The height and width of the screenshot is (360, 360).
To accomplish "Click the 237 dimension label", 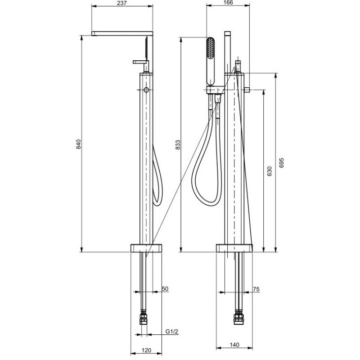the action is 122,3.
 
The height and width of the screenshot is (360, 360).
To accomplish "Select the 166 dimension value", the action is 228,3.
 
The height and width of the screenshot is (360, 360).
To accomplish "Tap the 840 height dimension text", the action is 79,144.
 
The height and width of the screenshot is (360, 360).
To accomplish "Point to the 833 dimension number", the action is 178,145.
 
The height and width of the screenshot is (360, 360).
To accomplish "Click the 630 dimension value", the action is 270,171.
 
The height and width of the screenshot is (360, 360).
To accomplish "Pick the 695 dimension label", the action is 282,163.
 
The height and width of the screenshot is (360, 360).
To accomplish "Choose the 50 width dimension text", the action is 165,289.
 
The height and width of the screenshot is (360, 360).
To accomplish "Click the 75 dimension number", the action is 256,289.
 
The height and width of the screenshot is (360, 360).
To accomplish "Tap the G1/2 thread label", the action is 172,332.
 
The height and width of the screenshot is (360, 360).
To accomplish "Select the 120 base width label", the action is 146,351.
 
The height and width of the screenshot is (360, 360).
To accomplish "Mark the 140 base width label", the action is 234,345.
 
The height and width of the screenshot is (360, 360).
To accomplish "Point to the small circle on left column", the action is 146,90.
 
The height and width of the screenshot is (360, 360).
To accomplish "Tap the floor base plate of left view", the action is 146,248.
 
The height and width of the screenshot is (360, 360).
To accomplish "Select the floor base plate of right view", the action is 234,248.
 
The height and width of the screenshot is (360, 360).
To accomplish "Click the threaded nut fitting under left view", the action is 144,318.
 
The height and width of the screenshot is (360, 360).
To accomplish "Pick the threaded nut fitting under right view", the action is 238,318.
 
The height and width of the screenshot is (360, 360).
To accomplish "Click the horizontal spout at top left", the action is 122,33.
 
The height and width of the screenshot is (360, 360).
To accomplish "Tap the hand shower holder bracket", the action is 215,90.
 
